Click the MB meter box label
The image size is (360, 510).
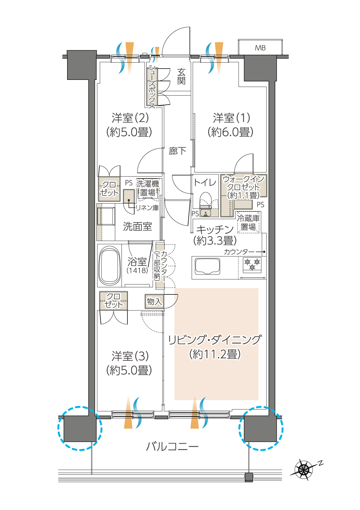260,48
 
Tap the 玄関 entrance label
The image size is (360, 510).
181,76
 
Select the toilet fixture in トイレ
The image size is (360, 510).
205,201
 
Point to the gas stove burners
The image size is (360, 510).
252,264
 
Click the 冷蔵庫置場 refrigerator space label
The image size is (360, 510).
248,223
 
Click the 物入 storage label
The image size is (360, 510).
154,301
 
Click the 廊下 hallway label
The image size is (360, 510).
177,151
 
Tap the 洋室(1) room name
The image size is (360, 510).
232,118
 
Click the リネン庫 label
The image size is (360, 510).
147,208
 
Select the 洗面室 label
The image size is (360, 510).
138,226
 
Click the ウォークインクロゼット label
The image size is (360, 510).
243,187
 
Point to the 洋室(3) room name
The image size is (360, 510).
130,356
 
